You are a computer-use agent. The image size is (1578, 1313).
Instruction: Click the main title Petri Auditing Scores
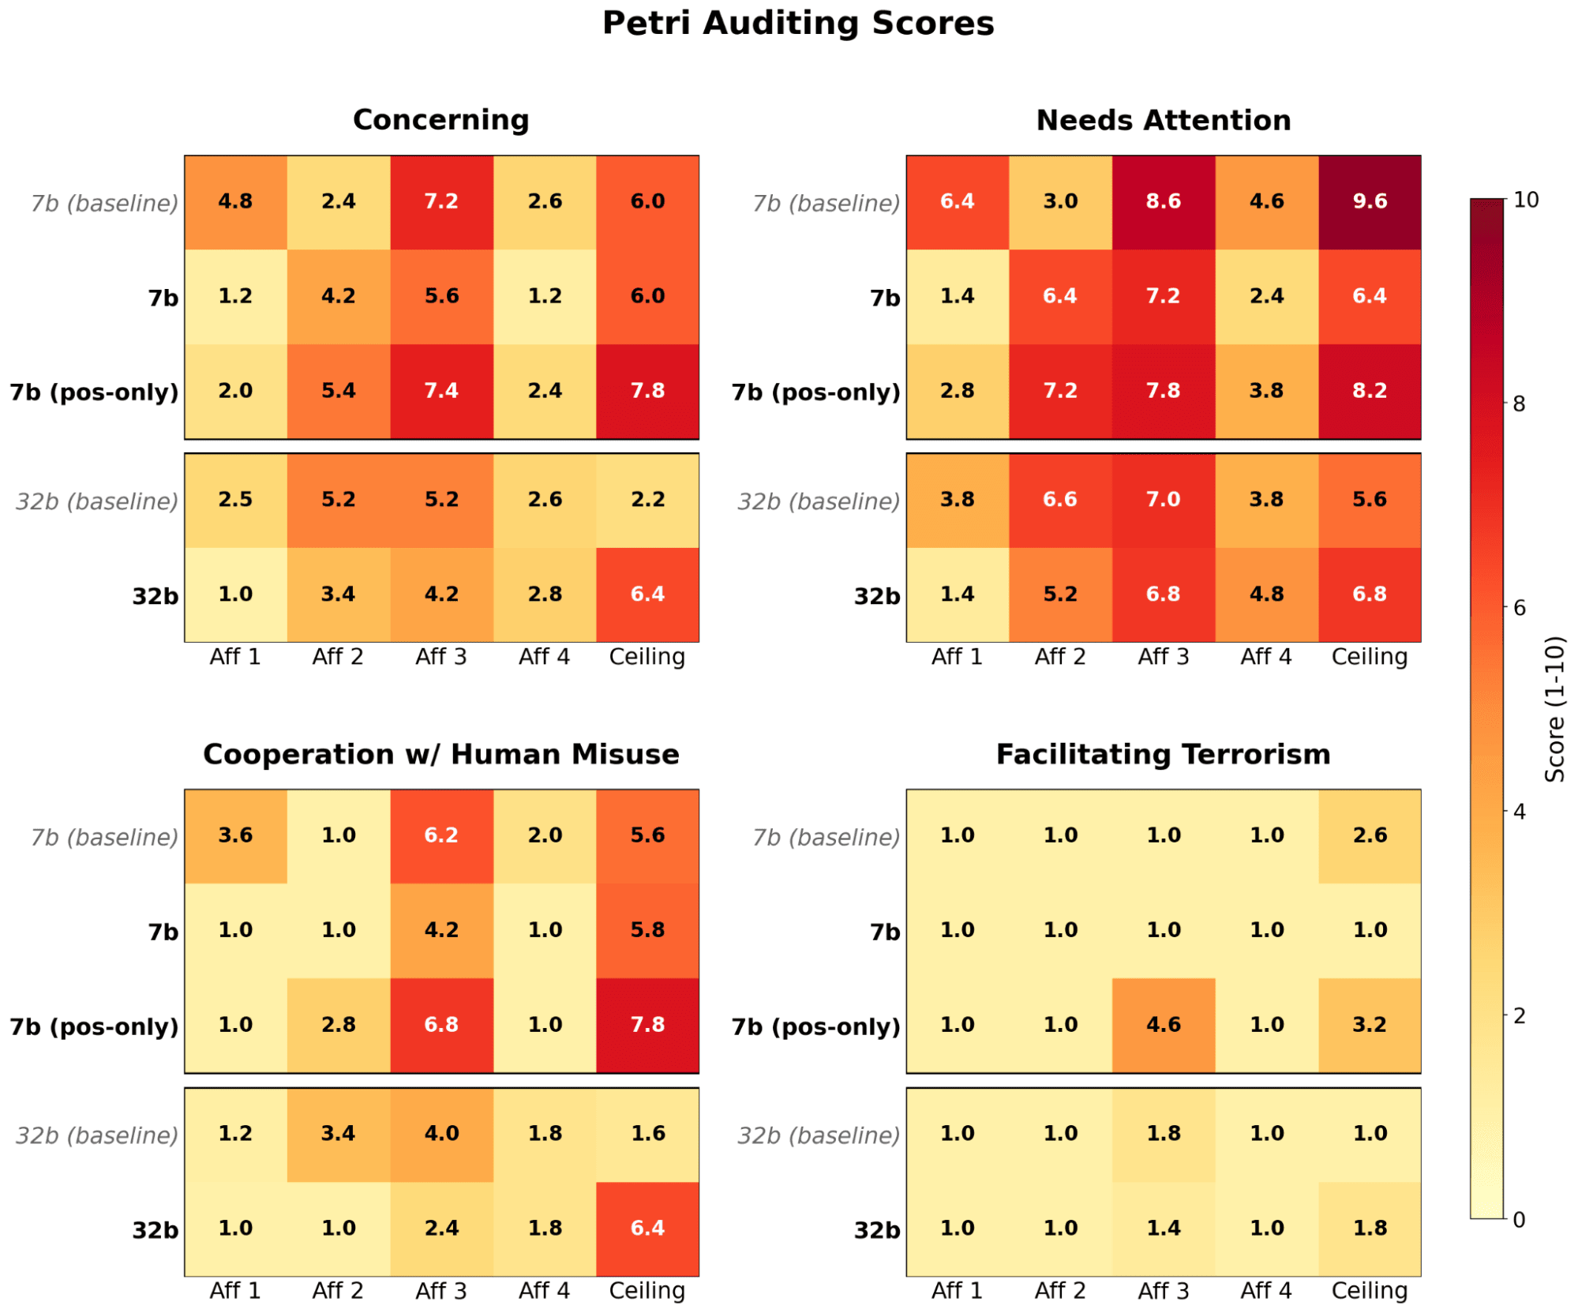(x=797, y=23)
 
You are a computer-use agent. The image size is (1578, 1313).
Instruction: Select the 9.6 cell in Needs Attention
(x=1369, y=201)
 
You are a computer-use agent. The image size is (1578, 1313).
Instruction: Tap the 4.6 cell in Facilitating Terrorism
(x=1163, y=1025)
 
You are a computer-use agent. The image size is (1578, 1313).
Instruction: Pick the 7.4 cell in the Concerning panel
(x=441, y=391)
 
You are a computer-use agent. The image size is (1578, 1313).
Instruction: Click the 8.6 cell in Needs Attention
(x=1163, y=201)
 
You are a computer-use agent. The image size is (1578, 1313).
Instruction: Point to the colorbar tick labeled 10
(x=1526, y=200)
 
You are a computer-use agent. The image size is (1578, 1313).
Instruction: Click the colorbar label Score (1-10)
(x=1554, y=709)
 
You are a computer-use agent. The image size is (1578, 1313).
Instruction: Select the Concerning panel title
(x=440, y=119)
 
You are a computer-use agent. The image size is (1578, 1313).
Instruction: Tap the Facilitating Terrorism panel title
(x=1163, y=754)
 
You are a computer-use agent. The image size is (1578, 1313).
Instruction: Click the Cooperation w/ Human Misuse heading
(x=440, y=754)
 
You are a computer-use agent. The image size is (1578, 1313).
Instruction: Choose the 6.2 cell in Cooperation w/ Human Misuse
(x=441, y=835)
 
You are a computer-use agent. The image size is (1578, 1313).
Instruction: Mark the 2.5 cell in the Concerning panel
(x=235, y=500)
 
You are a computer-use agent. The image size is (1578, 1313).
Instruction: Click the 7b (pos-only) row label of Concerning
(x=94, y=392)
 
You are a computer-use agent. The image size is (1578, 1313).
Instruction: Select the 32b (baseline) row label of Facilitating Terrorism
(x=819, y=1135)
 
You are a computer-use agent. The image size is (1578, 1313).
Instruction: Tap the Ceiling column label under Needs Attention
(x=1369, y=657)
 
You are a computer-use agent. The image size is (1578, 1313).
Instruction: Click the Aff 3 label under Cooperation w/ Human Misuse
(x=441, y=1291)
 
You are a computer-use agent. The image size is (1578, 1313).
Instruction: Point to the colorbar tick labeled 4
(x=1520, y=812)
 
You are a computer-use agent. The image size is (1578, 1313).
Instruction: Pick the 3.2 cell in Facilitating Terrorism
(x=1369, y=1025)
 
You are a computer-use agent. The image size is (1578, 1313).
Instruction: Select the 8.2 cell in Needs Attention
(x=1369, y=391)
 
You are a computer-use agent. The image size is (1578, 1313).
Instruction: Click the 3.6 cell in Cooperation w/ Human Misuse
(x=235, y=835)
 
